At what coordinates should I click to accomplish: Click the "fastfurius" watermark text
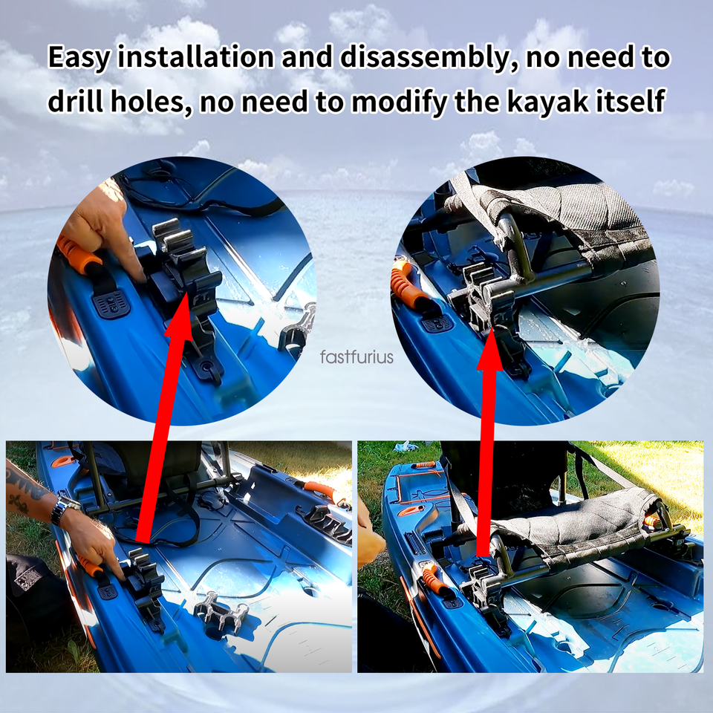(356, 357)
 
